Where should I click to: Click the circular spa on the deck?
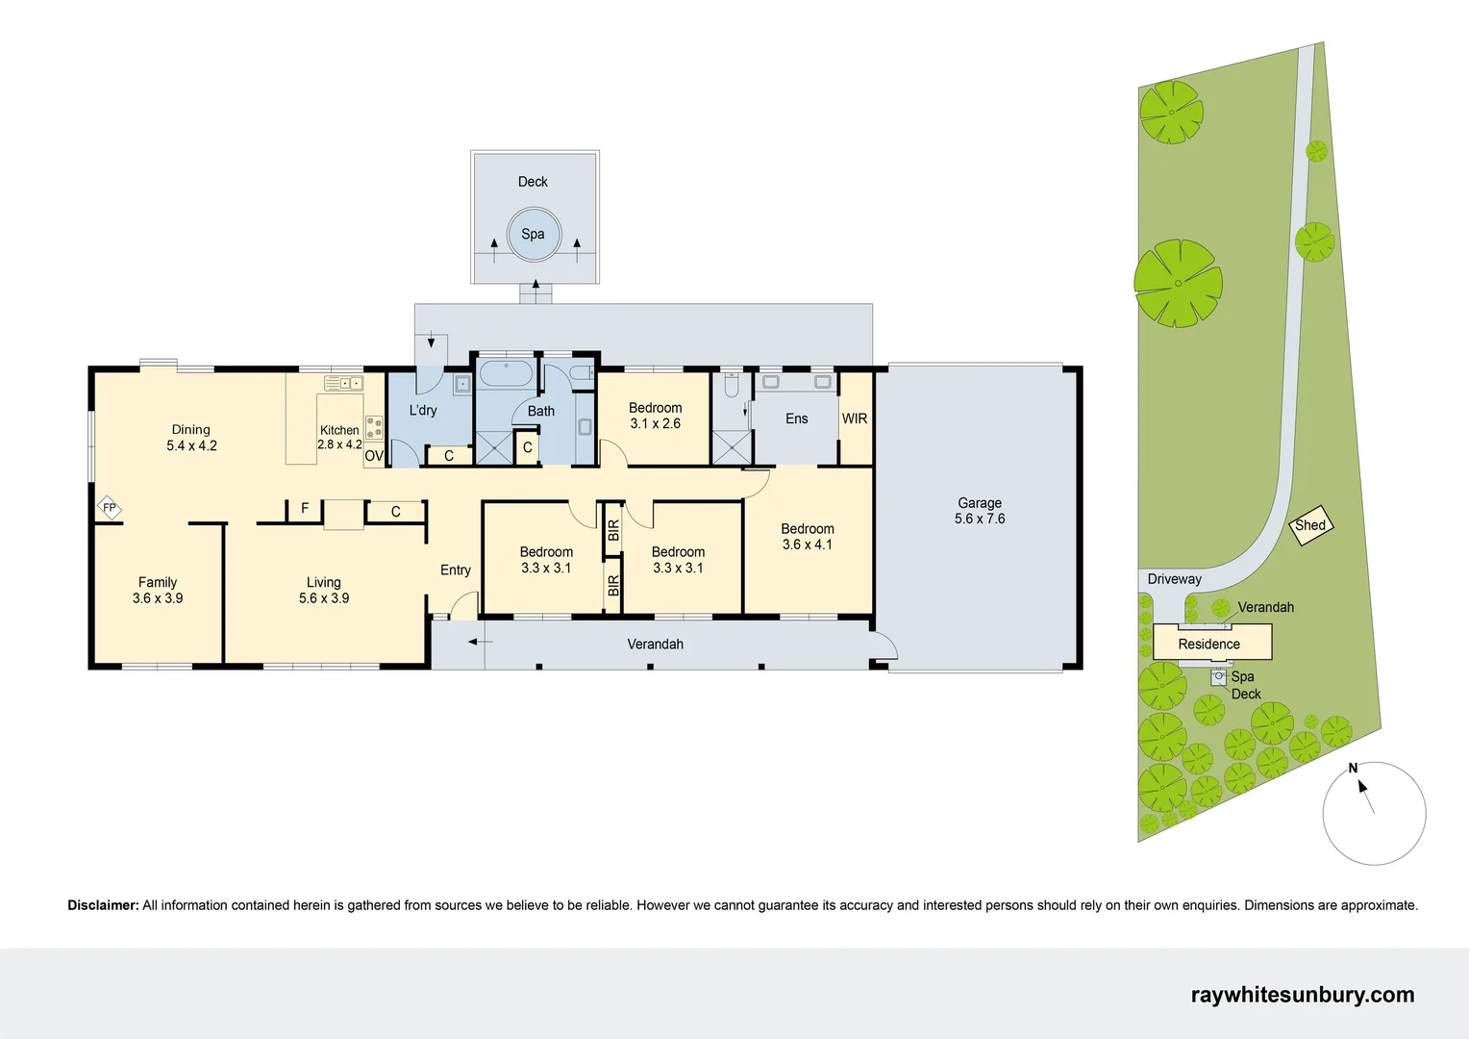tap(533, 235)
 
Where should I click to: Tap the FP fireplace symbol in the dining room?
tap(110, 507)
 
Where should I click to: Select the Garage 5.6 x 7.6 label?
tap(979, 511)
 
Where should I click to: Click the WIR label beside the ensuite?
tap(854, 418)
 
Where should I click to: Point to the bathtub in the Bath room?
tap(506, 374)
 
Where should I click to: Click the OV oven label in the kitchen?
tap(374, 456)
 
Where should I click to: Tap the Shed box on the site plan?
tap(1310, 525)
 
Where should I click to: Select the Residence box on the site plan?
tap(1211, 643)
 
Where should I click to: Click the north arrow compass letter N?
tap(1353, 768)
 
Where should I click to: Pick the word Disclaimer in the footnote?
tap(103, 905)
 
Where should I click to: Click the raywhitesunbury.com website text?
tap(1302, 995)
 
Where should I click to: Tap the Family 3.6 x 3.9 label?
tap(158, 590)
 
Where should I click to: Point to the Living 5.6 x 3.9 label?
tap(324, 590)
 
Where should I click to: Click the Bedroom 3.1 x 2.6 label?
tap(655, 416)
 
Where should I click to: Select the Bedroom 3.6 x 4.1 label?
tap(807, 537)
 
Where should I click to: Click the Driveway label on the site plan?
tap(1174, 579)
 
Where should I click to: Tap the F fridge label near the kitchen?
tap(305, 508)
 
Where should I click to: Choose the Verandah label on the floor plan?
tap(655, 644)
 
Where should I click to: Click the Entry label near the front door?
tap(455, 570)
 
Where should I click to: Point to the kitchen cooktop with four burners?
tap(374, 427)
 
